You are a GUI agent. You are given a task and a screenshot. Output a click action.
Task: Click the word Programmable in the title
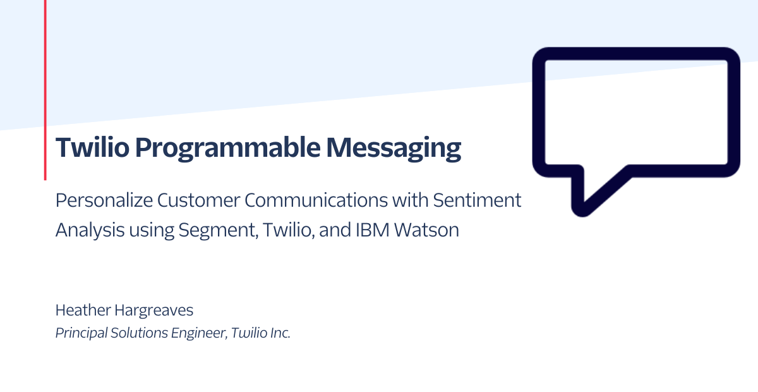(x=228, y=149)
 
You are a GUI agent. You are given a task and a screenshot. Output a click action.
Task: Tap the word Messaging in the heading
(x=394, y=149)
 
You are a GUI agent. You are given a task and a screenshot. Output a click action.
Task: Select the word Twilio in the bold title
(x=92, y=147)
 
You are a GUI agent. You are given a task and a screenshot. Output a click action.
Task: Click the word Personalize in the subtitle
(x=104, y=200)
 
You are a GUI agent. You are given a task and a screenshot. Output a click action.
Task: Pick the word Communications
(x=316, y=200)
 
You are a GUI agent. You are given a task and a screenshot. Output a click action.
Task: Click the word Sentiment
(x=477, y=200)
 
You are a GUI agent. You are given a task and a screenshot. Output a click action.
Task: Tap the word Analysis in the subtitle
(x=90, y=230)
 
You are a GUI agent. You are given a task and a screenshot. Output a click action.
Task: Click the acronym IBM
(x=372, y=230)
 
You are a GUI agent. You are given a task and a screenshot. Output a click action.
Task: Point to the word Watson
(x=426, y=230)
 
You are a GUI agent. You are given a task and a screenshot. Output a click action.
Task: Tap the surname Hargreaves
(x=154, y=310)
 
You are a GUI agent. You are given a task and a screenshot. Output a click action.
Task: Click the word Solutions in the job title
(x=139, y=333)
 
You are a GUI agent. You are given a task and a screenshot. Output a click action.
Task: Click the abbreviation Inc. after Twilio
(x=280, y=333)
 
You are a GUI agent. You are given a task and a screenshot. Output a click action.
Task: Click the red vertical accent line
(x=45, y=90)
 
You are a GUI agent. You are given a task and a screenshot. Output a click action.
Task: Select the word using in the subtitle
(x=152, y=231)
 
